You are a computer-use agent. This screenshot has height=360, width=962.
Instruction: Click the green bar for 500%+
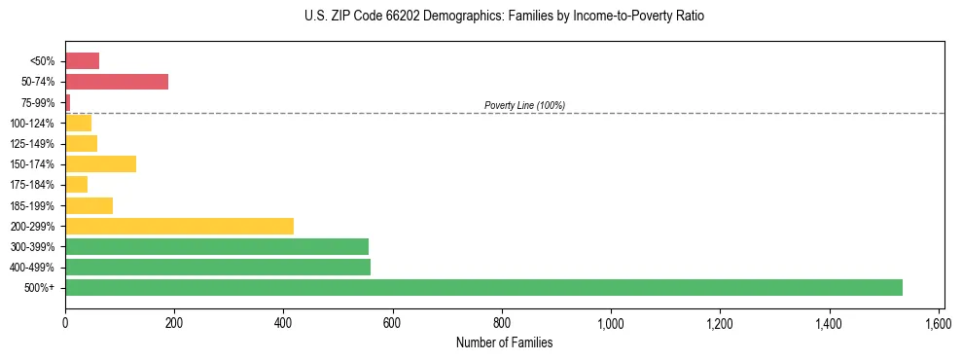click(483, 287)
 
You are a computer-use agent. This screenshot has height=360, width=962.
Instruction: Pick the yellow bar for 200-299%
click(179, 226)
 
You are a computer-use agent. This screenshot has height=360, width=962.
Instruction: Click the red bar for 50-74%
click(117, 82)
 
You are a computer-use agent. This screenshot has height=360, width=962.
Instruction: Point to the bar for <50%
click(82, 61)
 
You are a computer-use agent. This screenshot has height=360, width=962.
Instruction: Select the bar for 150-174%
click(100, 163)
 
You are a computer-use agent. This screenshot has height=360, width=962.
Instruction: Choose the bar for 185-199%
click(89, 205)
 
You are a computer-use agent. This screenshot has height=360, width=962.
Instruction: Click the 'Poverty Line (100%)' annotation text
click(524, 105)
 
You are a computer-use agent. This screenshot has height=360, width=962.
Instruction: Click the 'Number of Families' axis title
click(504, 342)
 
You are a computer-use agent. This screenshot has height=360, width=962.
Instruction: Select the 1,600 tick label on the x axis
click(939, 323)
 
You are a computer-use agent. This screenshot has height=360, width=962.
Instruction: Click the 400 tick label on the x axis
click(283, 323)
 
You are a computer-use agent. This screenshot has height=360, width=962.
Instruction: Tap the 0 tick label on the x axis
click(65, 323)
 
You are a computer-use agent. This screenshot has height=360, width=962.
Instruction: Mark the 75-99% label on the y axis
click(39, 102)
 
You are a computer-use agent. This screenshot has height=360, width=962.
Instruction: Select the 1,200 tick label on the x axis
click(720, 323)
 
